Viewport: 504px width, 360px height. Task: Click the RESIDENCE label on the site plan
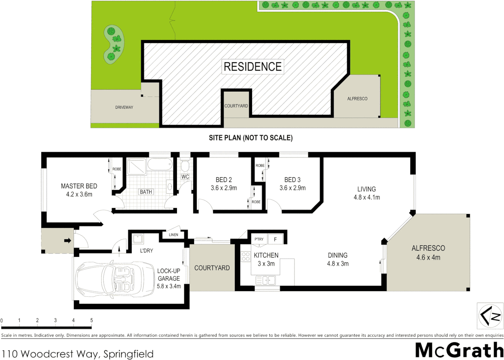tap(252, 67)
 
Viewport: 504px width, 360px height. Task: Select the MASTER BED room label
tap(79, 186)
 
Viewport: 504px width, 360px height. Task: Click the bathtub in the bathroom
tap(160, 164)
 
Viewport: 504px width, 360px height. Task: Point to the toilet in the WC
tap(185, 165)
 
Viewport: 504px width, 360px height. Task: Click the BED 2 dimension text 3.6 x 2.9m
tap(224, 188)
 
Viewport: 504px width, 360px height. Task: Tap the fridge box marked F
tap(275, 239)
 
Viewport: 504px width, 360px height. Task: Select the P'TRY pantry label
tap(259, 239)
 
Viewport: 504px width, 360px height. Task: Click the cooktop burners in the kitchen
tap(246, 256)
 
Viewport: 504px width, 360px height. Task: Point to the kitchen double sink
tap(266, 280)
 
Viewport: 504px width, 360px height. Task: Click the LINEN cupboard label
tap(173, 235)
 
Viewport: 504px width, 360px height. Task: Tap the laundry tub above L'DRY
tap(138, 239)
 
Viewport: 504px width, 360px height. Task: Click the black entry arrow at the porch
tap(68, 240)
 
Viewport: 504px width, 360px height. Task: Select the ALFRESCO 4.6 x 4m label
tap(428, 253)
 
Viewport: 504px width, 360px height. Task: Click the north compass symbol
tap(490, 315)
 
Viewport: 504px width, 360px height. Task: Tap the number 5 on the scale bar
tap(91, 320)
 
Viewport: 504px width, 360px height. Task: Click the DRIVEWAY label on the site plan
tap(124, 107)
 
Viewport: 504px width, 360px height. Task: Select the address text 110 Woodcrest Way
tap(77, 354)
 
